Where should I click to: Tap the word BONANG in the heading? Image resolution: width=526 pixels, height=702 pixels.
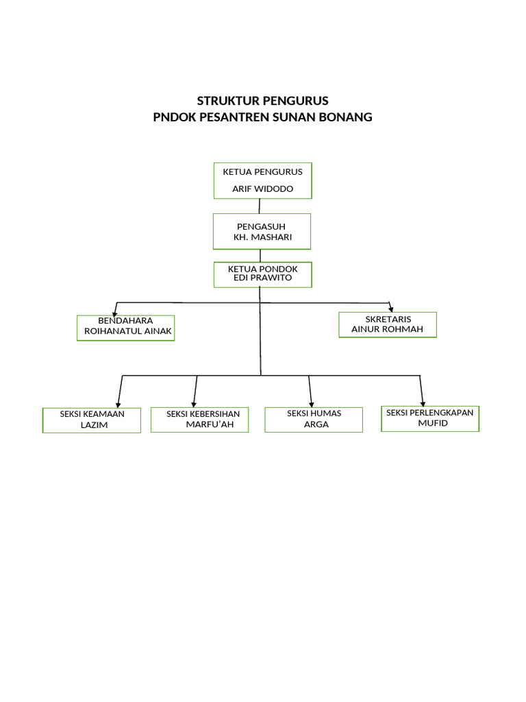(345, 117)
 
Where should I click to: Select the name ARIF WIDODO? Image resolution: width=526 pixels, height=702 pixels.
(262, 189)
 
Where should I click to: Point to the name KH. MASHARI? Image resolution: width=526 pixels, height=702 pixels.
(262, 237)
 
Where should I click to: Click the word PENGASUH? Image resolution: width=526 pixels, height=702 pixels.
(262, 226)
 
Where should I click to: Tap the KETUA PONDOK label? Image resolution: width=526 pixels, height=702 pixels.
(262, 269)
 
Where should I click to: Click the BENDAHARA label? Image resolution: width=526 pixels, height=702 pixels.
(125, 320)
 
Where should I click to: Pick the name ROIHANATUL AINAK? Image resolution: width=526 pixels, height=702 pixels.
(127, 331)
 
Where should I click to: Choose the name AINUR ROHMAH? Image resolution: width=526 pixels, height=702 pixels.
(387, 329)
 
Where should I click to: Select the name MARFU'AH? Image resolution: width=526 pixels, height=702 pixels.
(209, 424)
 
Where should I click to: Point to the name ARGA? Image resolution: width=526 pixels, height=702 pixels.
(316, 424)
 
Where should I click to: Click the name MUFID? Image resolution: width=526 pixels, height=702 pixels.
(433, 423)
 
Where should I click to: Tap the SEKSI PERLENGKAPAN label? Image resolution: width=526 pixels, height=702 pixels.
(430, 413)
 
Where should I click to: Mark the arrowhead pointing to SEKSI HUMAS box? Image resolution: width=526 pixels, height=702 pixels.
(312, 403)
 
